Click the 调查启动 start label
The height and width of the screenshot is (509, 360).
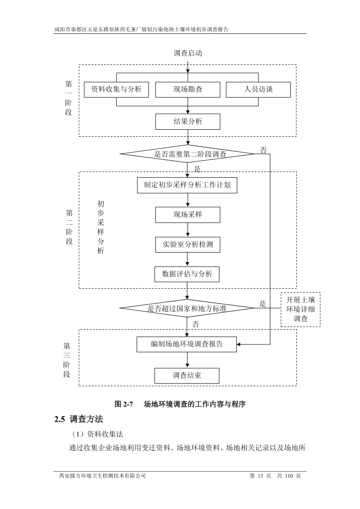click(x=188, y=54)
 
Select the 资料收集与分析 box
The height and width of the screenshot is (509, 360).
click(x=116, y=89)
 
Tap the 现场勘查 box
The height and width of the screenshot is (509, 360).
click(x=188, y=89)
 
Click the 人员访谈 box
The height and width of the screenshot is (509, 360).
click(x=258, y=89)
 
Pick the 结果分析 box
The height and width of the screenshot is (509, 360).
click(x=188, y=121)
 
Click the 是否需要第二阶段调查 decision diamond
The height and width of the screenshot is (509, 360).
click(x=187, y=154)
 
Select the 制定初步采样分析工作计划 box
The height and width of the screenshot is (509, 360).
click(x=187, y=185)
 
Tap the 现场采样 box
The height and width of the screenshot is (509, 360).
click(x=188, y=215)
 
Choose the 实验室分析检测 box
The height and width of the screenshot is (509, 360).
click(x=188, y=244)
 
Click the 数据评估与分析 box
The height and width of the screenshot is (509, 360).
click(x=187, y=274)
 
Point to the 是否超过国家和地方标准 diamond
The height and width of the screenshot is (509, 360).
click(x=187, y=308)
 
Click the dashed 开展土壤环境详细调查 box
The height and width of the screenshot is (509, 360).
click(x=300, y=310)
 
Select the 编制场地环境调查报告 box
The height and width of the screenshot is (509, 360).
click(x=187, y=344)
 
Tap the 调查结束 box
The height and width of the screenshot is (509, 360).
click(x=187, y=375)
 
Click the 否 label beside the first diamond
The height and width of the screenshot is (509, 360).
click(x=263, y=150)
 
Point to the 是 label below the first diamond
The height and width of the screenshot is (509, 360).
click(x=197, y=169)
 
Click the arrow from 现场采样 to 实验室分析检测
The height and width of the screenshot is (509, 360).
click(x=188, y=229)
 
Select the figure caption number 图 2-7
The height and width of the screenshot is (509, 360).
click(x=123, y=404)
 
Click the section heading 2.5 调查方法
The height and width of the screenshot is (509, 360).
click(x=79, y=420)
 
